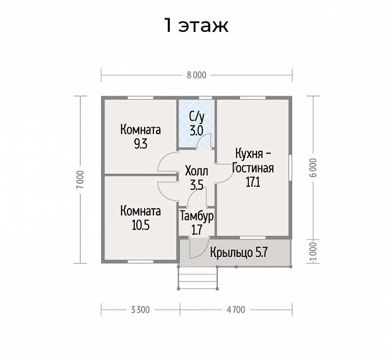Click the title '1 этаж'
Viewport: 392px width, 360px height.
[x=196, y=26]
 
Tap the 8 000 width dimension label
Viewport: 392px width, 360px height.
[x=197, y=75]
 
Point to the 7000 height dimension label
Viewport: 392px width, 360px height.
[x=80, y=179]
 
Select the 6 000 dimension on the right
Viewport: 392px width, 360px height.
[x=313, y=167]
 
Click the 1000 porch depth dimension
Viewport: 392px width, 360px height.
[x=313, y=251]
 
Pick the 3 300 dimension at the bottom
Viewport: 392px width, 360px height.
[x=140, y=310]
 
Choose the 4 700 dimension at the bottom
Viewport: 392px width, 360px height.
[x=236, y=310]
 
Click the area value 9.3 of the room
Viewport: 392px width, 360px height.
[x=141, y=144]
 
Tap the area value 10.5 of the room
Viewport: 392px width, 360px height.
[x=141, y=226]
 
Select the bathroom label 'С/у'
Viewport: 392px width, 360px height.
[x=197, y=117]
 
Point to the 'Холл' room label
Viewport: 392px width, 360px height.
[x=197, y=172]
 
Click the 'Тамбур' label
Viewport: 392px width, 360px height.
[x=197, y=216]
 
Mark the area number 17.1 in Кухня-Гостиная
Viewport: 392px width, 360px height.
[x=253, y=182]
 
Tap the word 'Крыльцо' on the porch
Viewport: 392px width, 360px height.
[x=231, y=253]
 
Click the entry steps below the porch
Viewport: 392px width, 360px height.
[x=198, y=278]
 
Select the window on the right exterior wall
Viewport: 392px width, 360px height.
[x=290, y=167]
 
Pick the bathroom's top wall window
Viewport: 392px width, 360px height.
[x=205, y=98]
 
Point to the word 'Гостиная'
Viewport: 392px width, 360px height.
[x=253, y=168]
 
